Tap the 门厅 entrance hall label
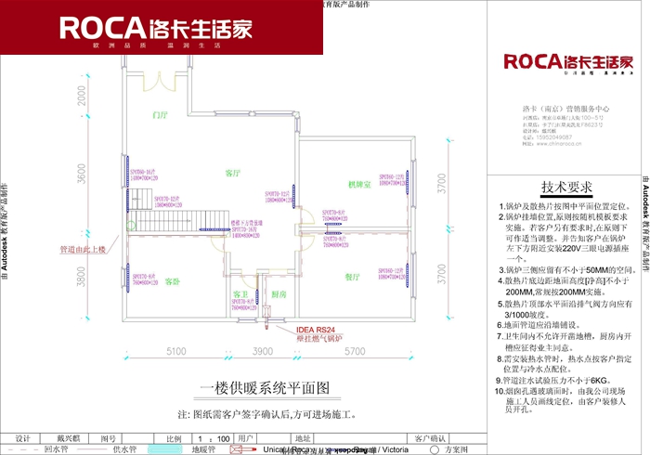click(x=160, y=115)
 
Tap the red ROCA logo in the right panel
click(x=567, y=63)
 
